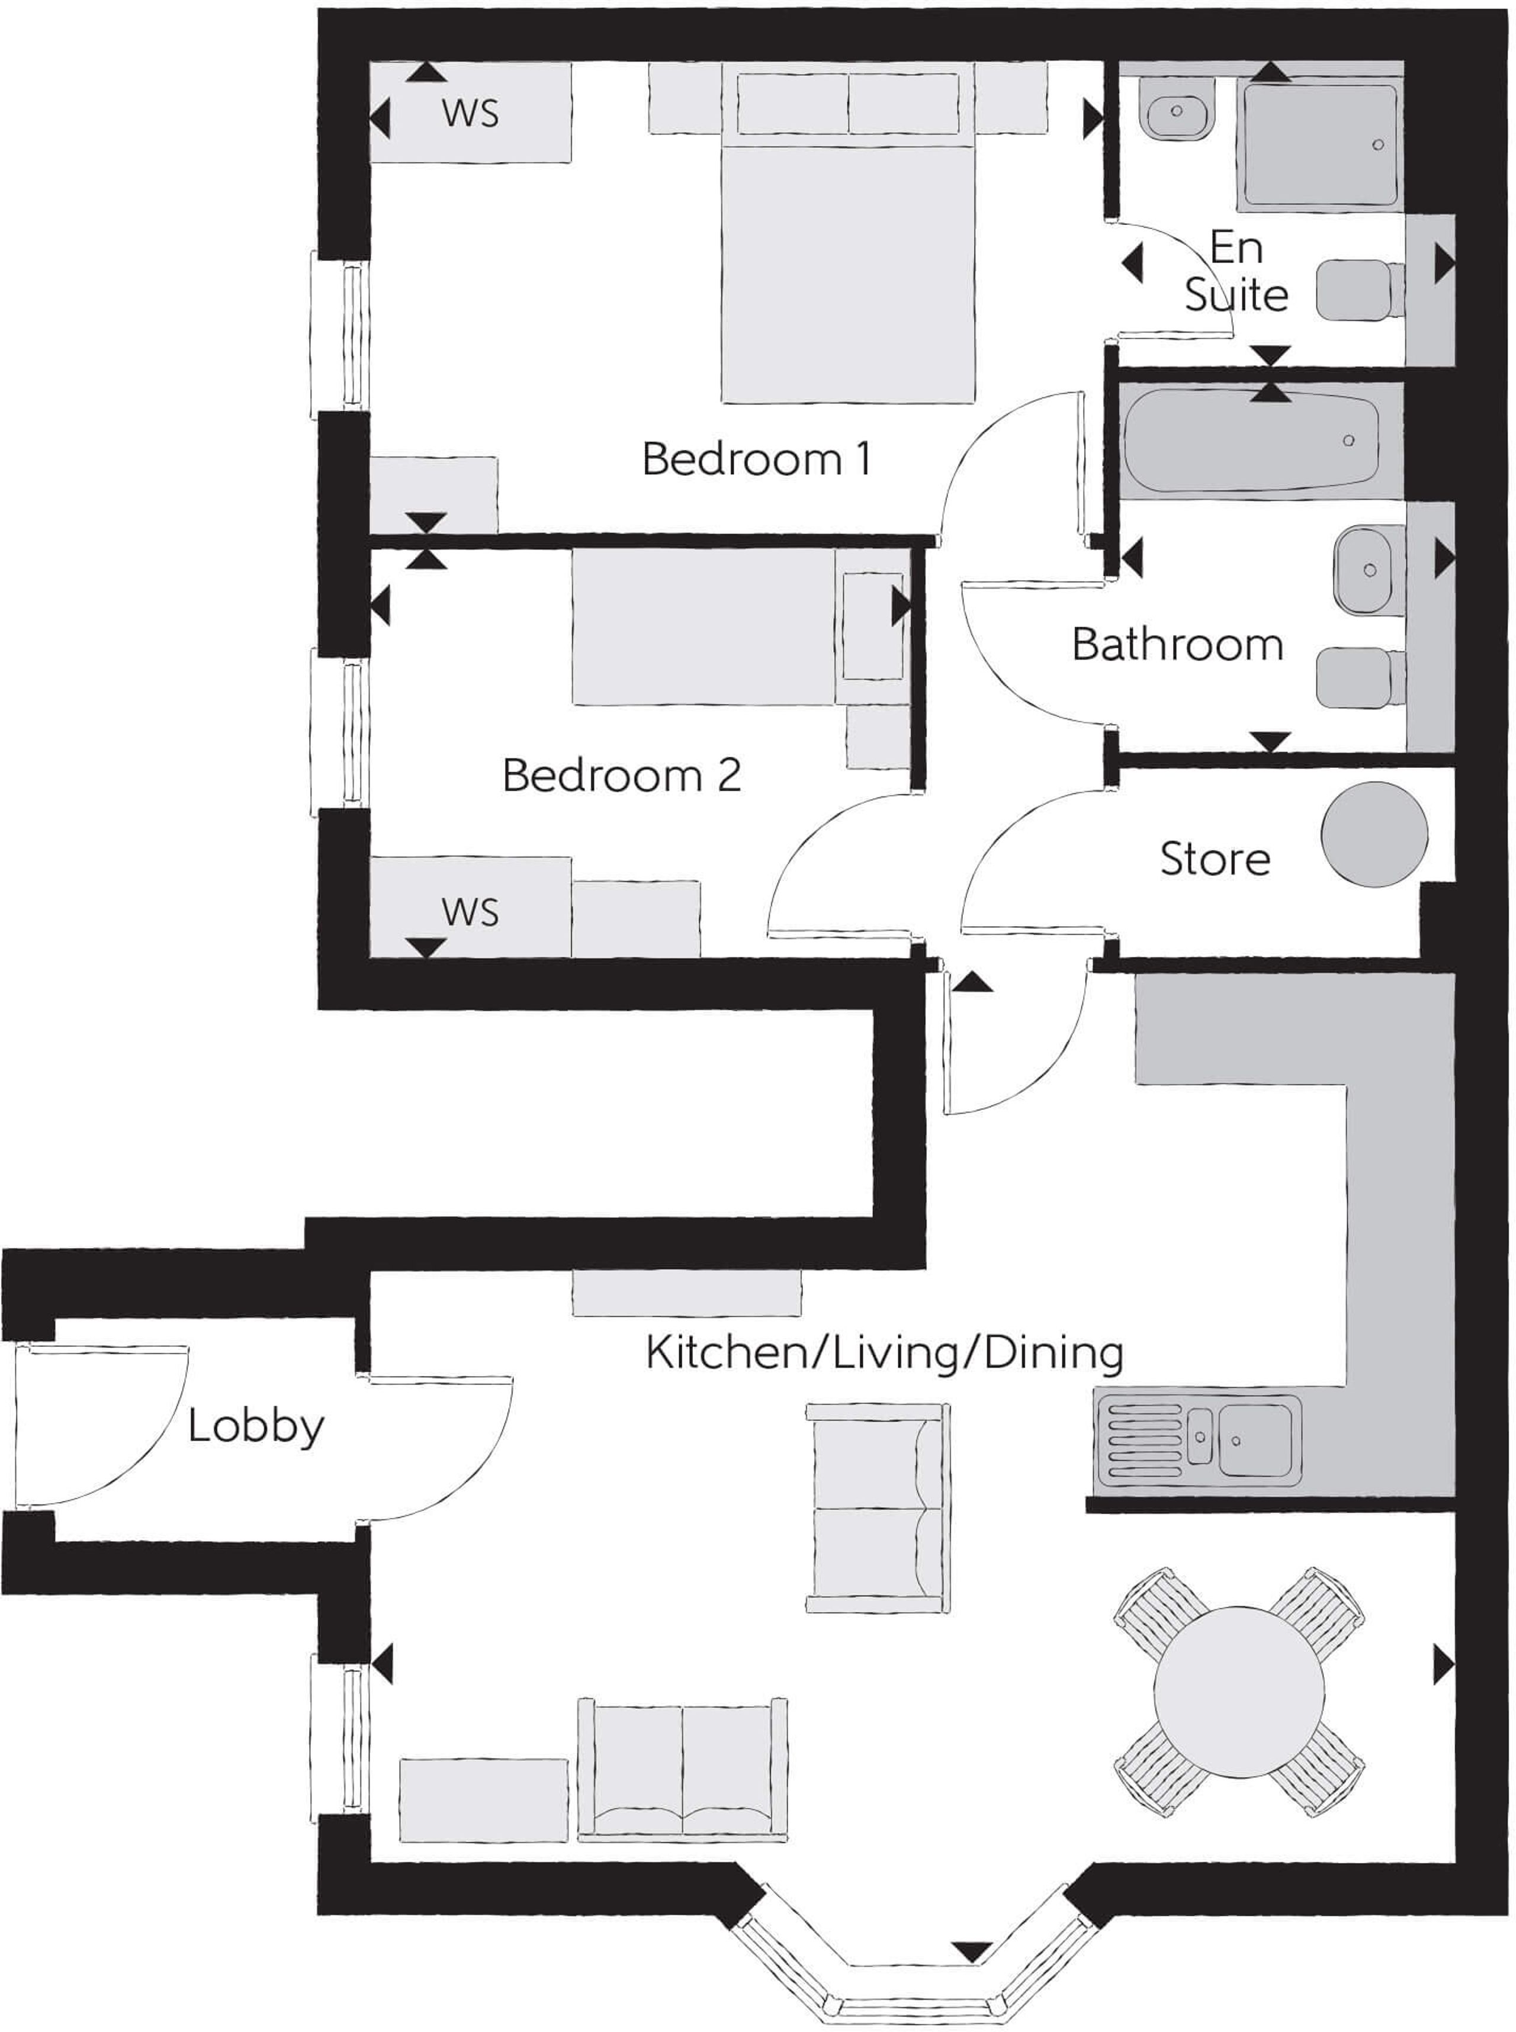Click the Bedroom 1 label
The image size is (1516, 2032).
point(756,459)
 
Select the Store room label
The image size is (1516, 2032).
point(1215,859)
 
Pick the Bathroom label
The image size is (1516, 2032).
point(1177,645)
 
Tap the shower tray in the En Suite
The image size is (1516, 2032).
point(1319,145)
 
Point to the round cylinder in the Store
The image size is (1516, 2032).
point(1374,834)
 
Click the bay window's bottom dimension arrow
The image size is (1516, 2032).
point(972,1952)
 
